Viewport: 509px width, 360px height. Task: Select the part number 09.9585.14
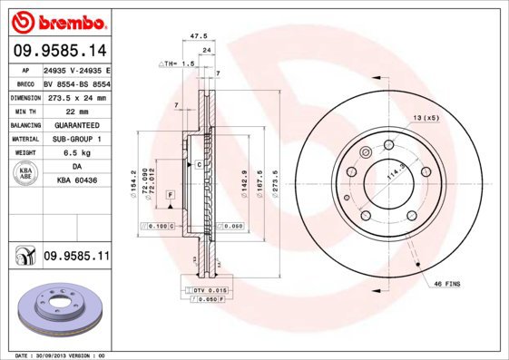click(x=59, y=51)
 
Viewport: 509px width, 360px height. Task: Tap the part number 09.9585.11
click(x=76, y=258)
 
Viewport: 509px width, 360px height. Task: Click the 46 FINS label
click(x=445, y=284)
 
